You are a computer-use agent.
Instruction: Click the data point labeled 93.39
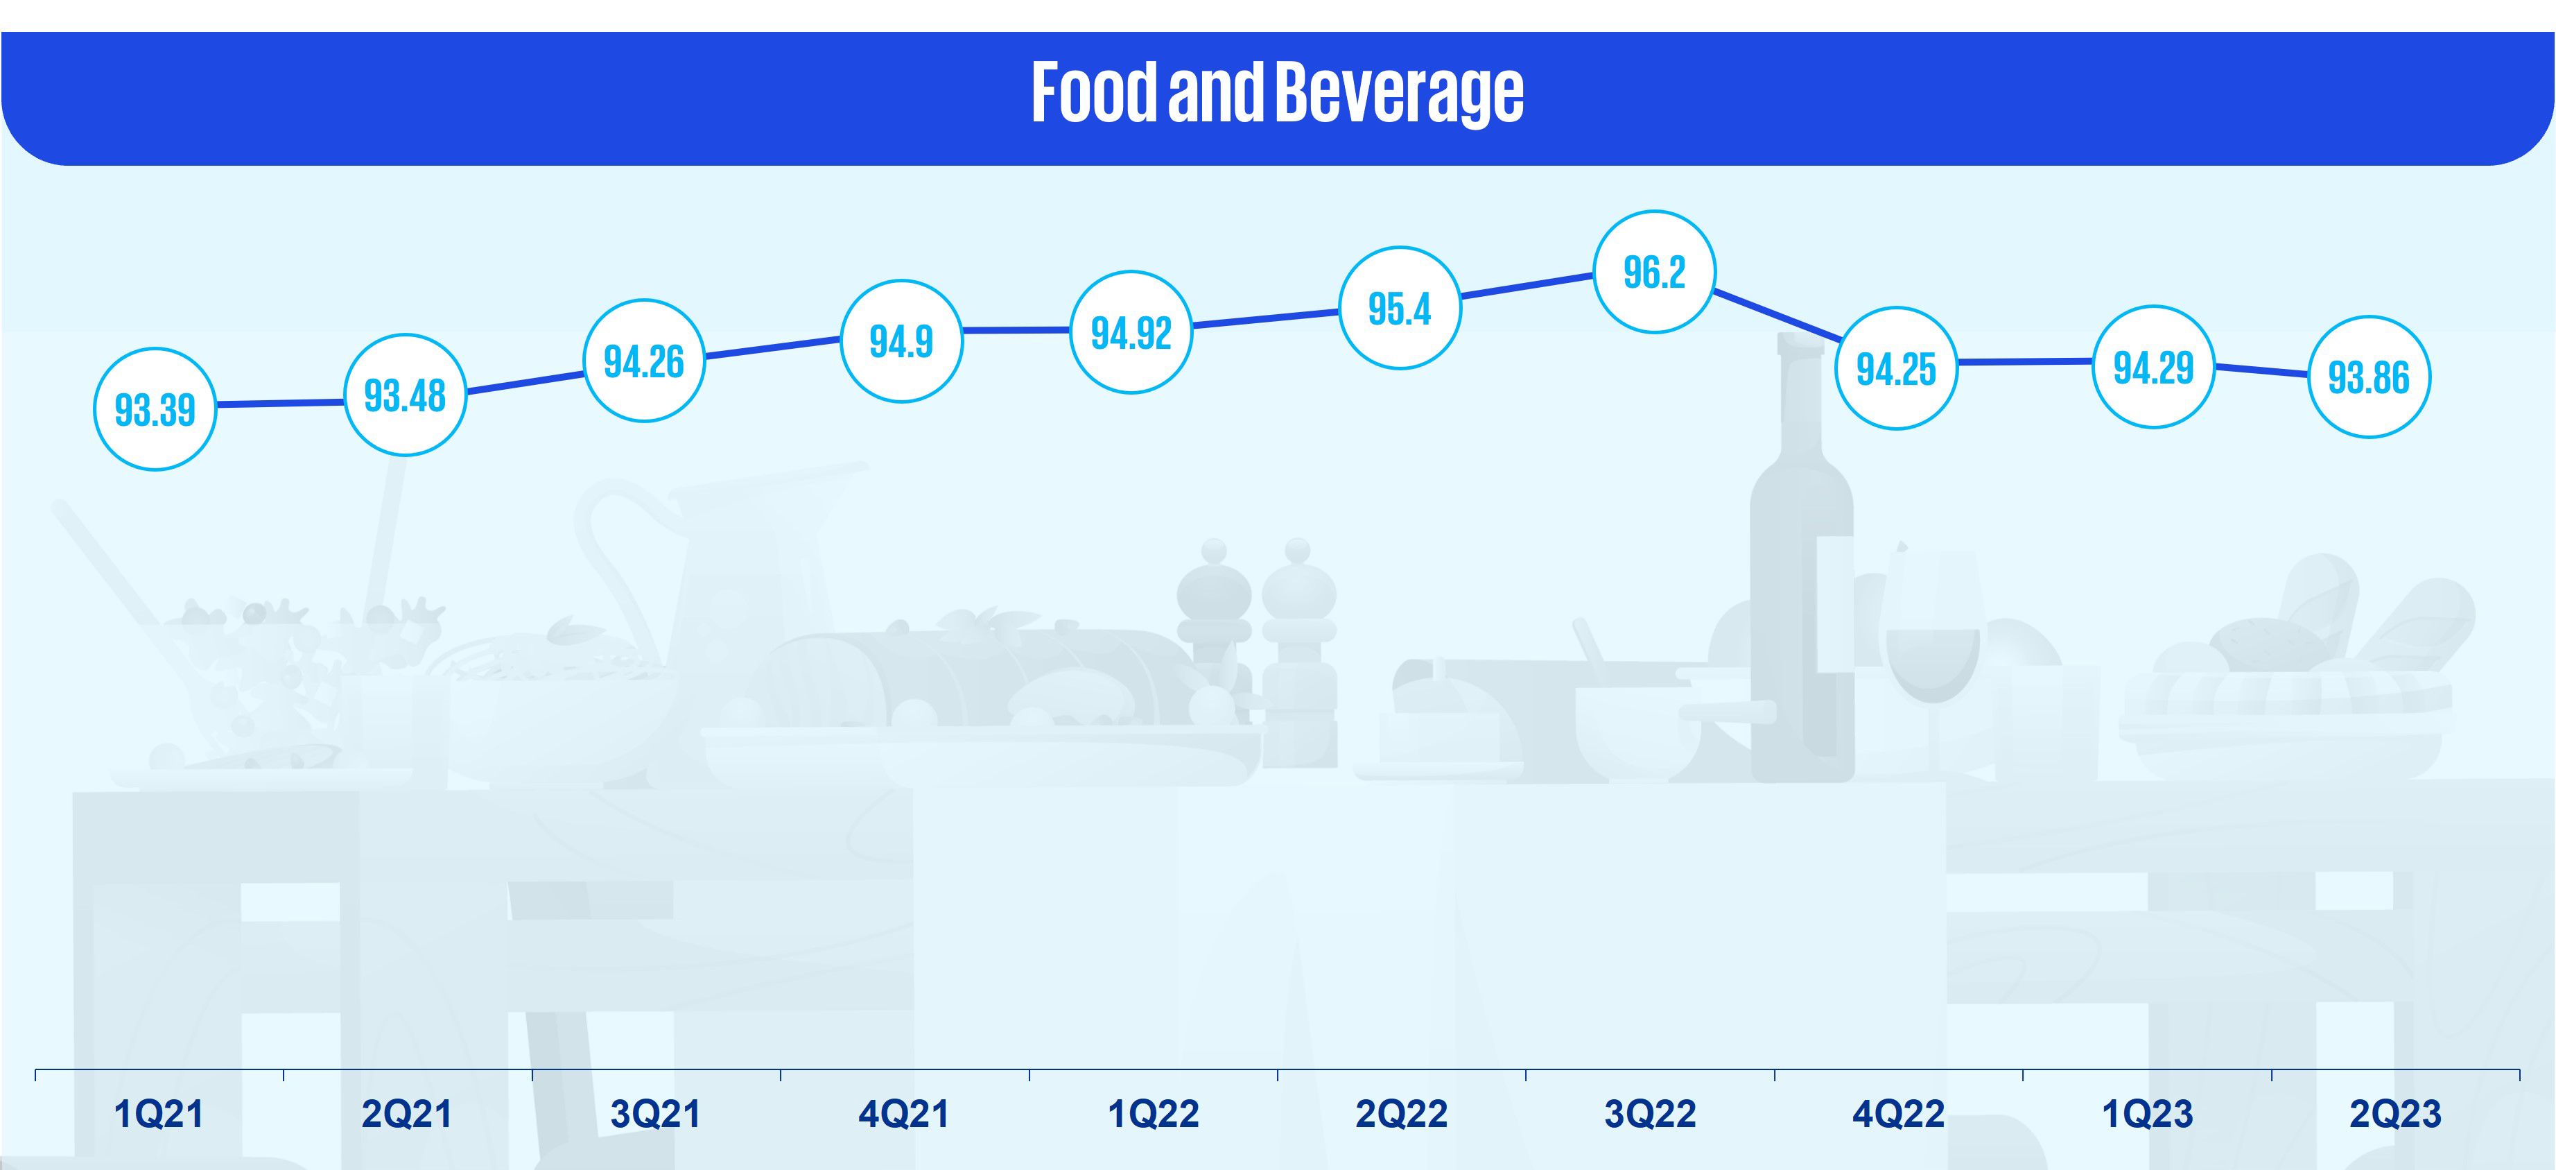[155, 409]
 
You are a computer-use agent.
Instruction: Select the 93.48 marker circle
[405, 395]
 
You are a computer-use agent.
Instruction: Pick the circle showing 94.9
[901, 341]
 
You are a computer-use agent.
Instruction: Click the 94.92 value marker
[1131, 332]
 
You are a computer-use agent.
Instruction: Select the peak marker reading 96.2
[1654, 271]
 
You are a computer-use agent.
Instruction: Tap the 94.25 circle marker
[1895, 368]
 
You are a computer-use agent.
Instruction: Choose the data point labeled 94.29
[2153, 367]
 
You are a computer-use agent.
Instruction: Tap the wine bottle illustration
[1801, 596]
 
